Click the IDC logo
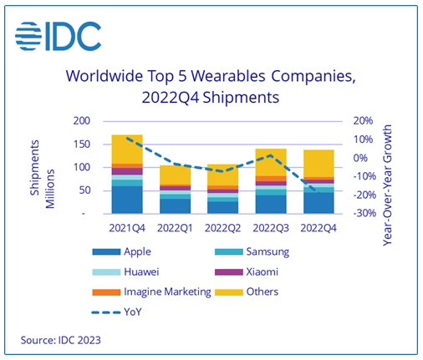[58, 36]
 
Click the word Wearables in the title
[228, 76]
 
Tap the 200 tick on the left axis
[82, 121]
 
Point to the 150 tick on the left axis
[82, 145]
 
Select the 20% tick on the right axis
[363, 121]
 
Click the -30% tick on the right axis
[364, 213]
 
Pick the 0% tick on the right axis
[360, 158]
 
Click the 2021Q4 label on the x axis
[127, 228]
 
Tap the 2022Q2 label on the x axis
[222, 228]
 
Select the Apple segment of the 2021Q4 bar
[127, 200]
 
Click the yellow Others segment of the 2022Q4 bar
[319, 164]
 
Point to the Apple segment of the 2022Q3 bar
[271, 205]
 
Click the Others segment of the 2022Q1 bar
[175, 175]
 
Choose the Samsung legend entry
[252, 251]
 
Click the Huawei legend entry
[125, 271]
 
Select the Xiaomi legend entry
[247, 271]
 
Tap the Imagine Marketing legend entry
[151, 292]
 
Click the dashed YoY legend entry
[117, 312]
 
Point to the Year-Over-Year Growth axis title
[387, 185]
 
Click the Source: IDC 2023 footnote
[61, 340]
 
